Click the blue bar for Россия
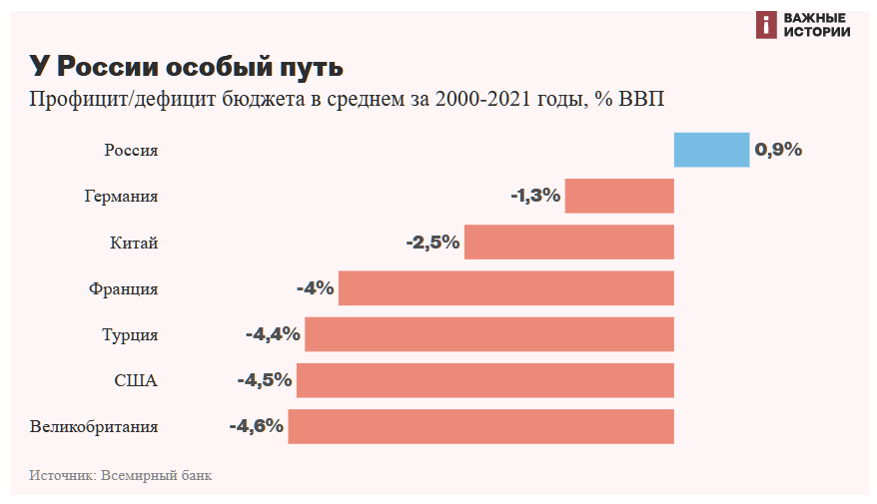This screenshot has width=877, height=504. pos(711,150)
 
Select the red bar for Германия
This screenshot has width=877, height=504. pos(619,196)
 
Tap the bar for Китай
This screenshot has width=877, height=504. pos(569,243)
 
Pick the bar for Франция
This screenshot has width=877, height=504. pos(506,288)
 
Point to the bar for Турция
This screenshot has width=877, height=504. pos(489,334)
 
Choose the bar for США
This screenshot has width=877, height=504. pos(485,380)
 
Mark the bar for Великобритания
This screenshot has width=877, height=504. pos(481,426)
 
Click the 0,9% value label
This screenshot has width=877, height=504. pos(778,150)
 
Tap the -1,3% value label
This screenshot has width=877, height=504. pos(535,196)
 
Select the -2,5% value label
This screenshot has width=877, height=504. pos(433,243)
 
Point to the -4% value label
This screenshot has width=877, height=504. pos(315,288)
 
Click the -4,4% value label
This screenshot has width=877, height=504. pos(273,334)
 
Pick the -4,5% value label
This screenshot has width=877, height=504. pos(265,380)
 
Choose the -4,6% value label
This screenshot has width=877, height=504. pos(257,426)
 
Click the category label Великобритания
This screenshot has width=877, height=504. pos(94,427)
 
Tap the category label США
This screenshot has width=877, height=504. pos(136,380)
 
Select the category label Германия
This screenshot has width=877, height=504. pos(121,197)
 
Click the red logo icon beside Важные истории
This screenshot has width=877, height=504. pos(766,25)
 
